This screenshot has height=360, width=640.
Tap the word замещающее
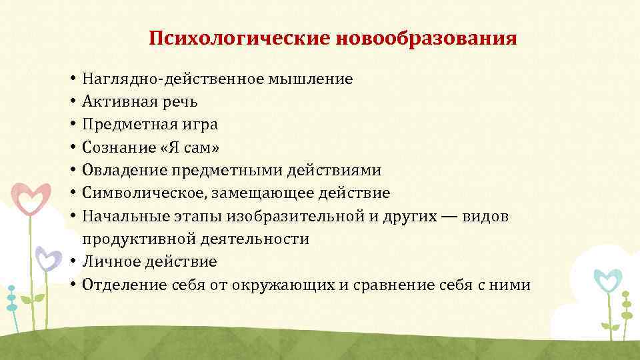(x=257, y=193)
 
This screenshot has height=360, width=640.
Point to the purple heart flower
(x=47, y=257)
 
